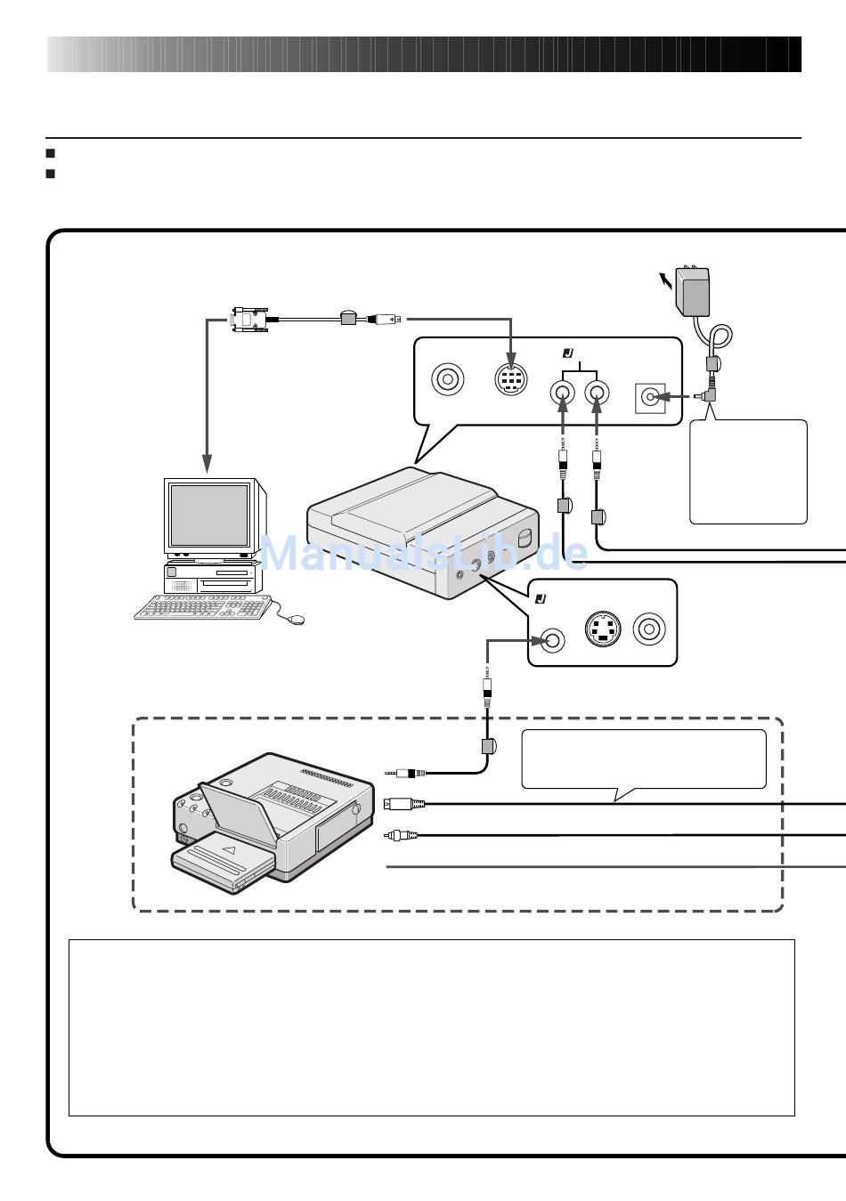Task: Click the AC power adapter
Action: [x=693, y=291]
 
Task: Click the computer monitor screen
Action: [x=208, y=514]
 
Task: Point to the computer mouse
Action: [x=296, y=620]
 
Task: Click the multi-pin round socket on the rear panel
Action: [x=510, y=379]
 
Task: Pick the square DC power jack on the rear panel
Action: [x=650, y=398]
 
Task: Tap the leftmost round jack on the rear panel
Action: [x=447, y=379]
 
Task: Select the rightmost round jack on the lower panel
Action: [x=649, y=629]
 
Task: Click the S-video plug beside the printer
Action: [x=404, y=804]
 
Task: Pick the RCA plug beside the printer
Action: [x=402, y=835]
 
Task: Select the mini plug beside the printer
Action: [x=405, y=773]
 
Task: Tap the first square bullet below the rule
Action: [x=51, y=153]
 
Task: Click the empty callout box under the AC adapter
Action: [x=748, y=471]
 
